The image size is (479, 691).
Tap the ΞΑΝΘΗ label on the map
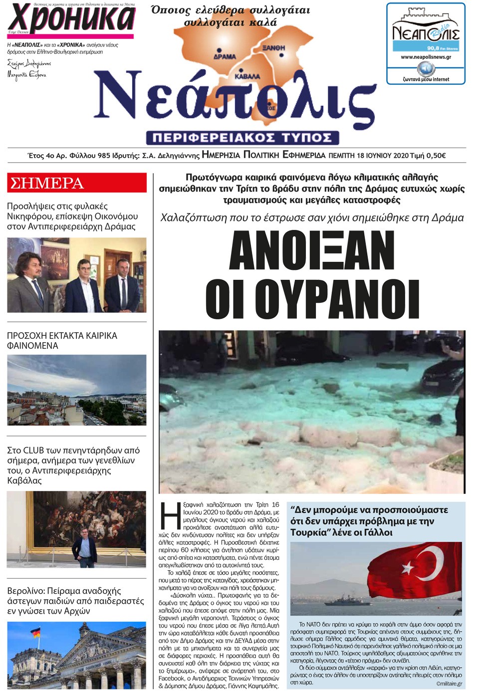click(274, 47)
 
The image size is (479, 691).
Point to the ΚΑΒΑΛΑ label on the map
click(247, 76)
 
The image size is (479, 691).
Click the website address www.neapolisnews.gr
click(426, 57)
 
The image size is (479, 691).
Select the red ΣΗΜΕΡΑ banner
click(77, 183)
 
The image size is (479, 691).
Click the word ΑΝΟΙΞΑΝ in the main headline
click(312, 250)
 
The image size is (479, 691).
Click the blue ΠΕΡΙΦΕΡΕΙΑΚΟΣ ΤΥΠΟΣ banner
click(242, 138)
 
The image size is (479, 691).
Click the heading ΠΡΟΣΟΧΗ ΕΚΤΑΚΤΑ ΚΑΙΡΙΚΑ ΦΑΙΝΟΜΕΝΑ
click(62, 340)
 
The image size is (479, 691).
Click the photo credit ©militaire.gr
click(449, 684)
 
